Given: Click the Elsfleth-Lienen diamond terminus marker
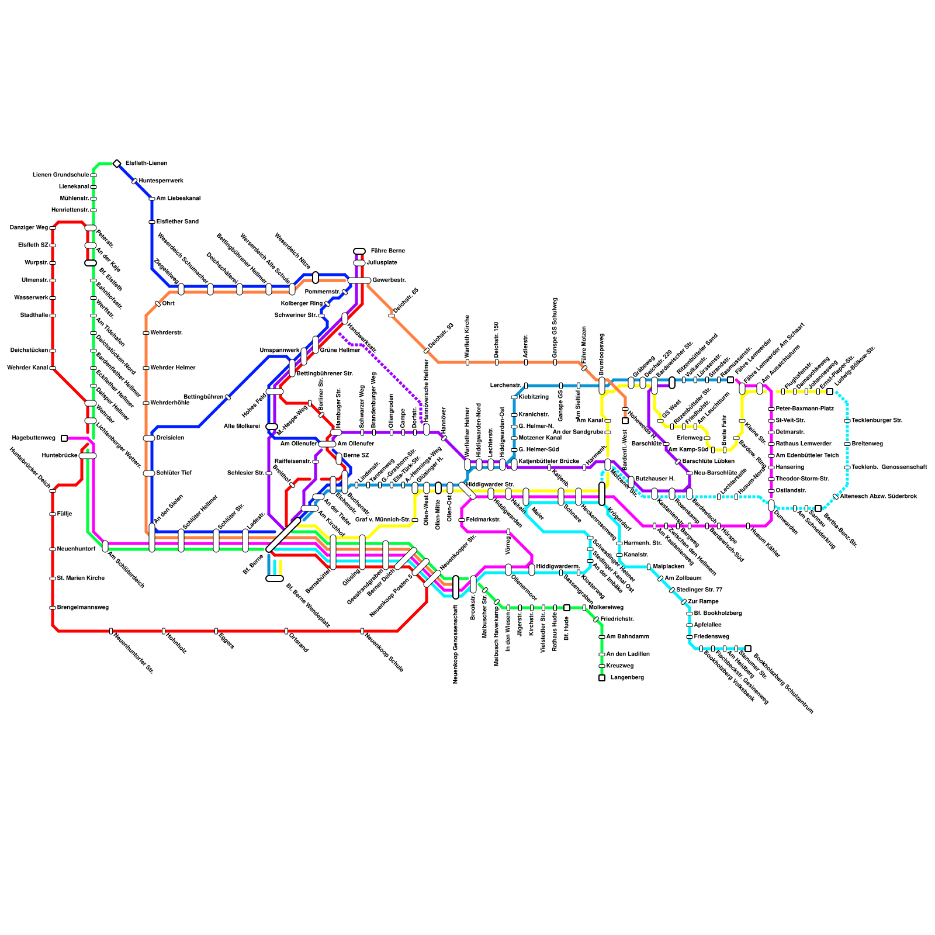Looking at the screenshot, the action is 117,164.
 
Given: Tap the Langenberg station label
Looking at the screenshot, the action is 627,678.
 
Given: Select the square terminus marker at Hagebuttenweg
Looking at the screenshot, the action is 64,438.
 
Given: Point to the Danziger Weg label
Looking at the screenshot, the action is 29,228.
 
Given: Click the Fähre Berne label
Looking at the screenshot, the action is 387,251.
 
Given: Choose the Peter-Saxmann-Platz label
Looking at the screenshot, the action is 804,409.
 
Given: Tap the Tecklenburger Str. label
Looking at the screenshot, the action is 877,421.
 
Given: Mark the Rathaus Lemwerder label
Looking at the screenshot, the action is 804,444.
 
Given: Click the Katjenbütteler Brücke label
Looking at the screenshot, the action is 549,462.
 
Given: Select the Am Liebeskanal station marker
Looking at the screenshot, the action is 152,199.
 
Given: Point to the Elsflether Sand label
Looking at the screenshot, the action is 177,222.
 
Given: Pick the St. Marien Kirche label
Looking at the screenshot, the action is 81,579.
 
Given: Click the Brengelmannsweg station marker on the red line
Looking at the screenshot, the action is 53,608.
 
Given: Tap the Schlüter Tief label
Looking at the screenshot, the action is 174,473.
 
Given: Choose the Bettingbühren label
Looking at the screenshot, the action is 203,397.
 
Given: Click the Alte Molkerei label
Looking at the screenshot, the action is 241,427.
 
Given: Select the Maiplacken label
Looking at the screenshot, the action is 669,567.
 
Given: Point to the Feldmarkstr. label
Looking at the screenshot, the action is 483,520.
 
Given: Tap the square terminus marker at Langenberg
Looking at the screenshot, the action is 602,678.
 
